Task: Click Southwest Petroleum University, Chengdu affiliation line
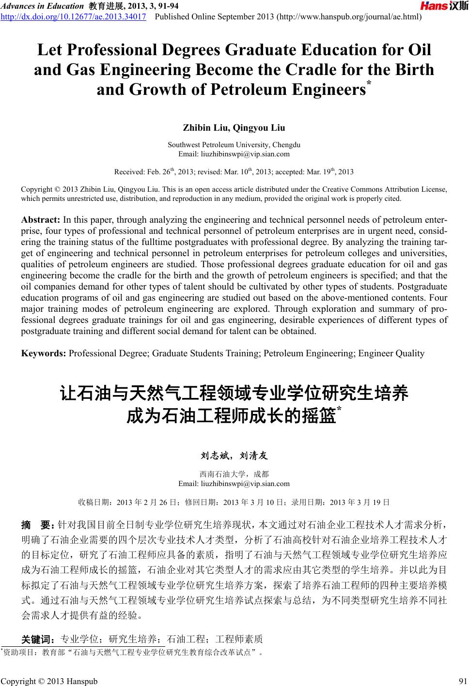(x=234, y=145)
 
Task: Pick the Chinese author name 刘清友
(x=254, y=456)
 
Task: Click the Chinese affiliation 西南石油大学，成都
(x=234, y=474)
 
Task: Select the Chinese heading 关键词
(x=38, y=638)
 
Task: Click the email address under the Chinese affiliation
(x=234, y=483)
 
